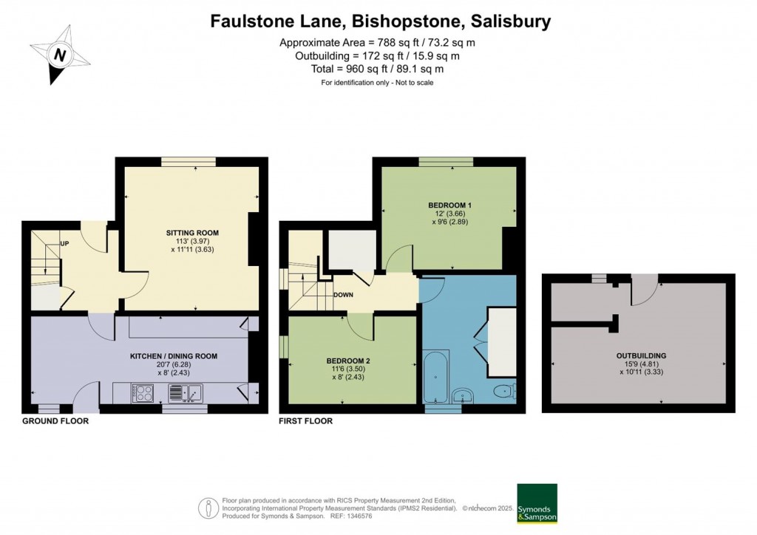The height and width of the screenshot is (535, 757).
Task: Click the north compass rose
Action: [x=59, y=55]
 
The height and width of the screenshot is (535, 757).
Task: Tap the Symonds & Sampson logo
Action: [x=537, y=503]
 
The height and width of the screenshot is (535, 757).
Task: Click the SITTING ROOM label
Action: [x=192, y=233]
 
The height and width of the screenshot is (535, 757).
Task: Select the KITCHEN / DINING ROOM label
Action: [x=173, y=356]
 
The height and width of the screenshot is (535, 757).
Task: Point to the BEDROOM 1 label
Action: [x=450, y=205]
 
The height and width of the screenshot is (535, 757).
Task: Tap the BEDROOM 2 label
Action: [x=348, y=361]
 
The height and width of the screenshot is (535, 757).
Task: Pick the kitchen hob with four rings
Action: [x=143, y=392]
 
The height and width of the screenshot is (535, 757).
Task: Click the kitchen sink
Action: [x=186, y=393]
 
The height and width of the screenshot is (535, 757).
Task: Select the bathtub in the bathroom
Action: [x=436, y=376]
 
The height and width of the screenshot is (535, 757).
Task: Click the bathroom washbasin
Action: [x=464, y=397]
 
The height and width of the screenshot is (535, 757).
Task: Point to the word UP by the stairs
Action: [x=64, y=244]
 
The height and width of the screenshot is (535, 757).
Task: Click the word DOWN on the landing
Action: [x=343, y=295]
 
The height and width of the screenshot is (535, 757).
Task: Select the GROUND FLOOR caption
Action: [x=55, y=420]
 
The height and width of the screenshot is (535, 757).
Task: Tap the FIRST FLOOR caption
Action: [x=305, y=420]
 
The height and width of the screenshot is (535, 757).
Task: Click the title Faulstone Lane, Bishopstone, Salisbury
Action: [x=381, y=21]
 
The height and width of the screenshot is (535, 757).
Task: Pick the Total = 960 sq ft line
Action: [x=377, y=69]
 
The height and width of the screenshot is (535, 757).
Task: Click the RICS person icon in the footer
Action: [x=209, y=508]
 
